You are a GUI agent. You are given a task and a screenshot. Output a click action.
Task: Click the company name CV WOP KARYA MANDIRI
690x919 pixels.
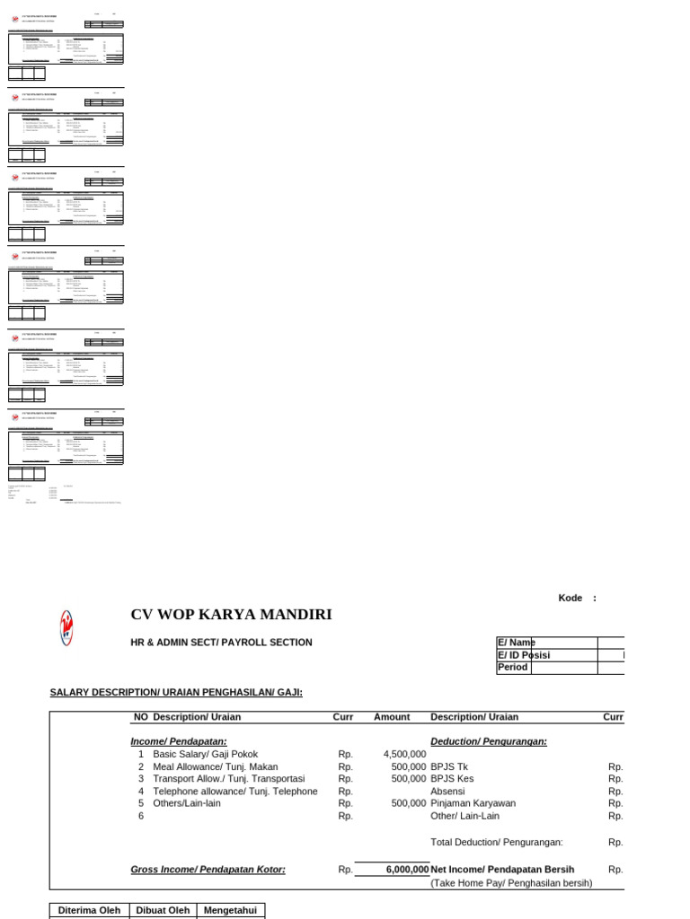point(231,615)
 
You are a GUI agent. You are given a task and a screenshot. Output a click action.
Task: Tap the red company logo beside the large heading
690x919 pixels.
point(66,626)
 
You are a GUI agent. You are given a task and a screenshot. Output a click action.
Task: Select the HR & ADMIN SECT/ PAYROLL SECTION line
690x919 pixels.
point(221,643)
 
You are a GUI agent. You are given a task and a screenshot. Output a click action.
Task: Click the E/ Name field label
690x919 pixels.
point(517,643)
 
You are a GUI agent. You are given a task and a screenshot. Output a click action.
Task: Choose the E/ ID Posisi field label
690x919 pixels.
point(524,655)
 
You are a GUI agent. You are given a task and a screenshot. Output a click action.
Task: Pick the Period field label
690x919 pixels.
point(513,668)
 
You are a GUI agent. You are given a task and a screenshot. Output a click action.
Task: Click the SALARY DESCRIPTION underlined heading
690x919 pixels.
point(176,692)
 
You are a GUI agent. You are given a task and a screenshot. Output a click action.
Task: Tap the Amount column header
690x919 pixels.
point(392,717)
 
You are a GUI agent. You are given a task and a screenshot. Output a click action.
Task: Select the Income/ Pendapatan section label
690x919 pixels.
point(179,741)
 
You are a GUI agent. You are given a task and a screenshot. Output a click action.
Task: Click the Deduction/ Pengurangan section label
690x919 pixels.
point(489,741)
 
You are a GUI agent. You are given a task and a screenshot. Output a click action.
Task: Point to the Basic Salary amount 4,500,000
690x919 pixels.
point(404,755)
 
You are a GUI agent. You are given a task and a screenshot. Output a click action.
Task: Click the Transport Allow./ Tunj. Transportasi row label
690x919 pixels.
point(228,779)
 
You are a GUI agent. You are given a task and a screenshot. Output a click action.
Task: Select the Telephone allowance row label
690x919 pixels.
point(234,792)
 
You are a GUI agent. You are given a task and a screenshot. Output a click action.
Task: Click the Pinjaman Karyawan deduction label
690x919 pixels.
point(473,803)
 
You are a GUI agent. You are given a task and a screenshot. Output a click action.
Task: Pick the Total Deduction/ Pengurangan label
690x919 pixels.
point(497,842)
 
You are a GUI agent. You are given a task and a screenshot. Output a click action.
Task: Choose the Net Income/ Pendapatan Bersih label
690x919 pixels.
point(502,870)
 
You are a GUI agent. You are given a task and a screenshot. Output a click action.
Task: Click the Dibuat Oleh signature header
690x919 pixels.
point(163,910)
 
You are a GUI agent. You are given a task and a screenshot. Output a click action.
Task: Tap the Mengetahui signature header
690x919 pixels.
point(231,910)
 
